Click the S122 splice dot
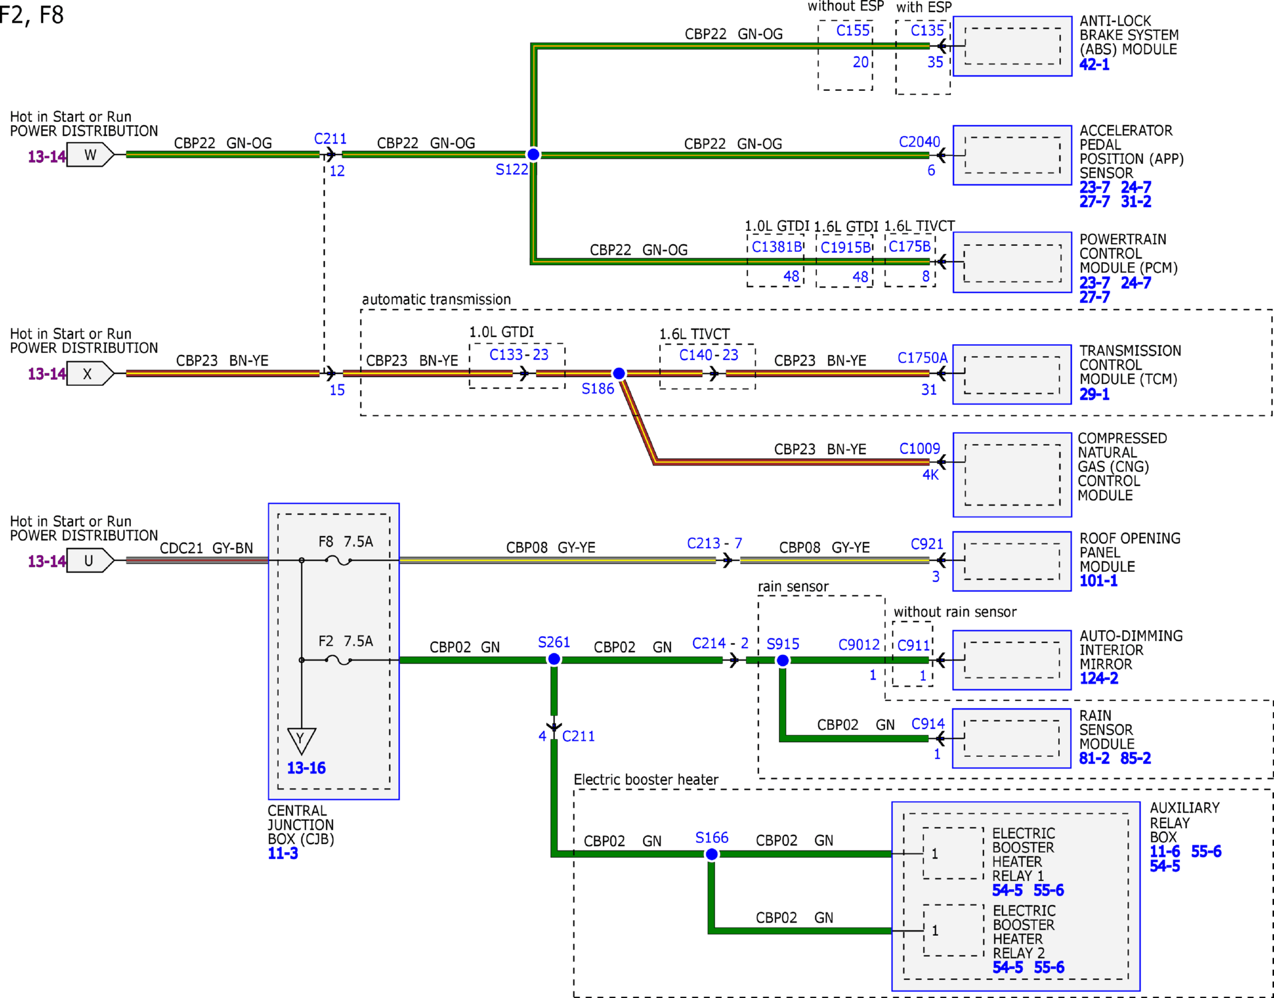[533, 154]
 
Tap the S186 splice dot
[619, 373]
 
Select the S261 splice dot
[554, 659]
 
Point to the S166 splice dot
[711, 854]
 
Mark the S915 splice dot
[782, 661]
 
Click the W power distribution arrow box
[90, 155]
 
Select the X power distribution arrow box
[90, 374]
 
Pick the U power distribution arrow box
[90, 561]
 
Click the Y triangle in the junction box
[301, 741]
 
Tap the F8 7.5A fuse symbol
[338, 561]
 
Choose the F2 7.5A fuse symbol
[338, 660]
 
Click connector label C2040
[919, 142]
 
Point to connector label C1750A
[922, 358]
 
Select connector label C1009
[920, 449]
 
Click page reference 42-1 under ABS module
[1094, 65]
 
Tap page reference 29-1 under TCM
[1094, 394]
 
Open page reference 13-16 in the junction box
[306, 768]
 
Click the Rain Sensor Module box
[1011, 738]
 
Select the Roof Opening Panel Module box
[1011, 561]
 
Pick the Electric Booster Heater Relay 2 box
[953, 930]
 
